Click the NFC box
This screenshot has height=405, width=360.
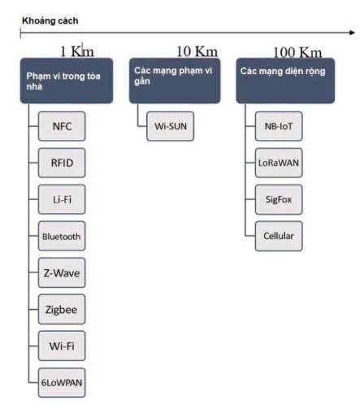click(62, 126)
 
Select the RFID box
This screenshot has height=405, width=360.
click(62, 163)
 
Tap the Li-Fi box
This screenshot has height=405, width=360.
click(62, 199)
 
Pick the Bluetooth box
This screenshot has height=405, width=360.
click(62, 236)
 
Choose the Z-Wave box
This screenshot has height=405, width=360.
click(62, 272)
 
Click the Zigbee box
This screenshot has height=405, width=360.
click(62, 309)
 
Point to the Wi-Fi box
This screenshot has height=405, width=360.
click(62, 346)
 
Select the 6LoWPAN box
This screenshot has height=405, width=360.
click(62, 383)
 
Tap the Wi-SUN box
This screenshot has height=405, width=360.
click(171, 126)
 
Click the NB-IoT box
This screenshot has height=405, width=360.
click(279, 126)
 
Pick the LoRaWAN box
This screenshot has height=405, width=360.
click(279, 163)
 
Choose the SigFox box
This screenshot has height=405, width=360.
click(279, 199)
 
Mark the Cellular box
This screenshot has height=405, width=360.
click(279, 236)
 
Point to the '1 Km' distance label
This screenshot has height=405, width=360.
click(77, 51)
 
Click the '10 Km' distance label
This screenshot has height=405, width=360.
click(197, 51)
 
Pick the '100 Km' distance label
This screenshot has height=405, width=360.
click(297, 52)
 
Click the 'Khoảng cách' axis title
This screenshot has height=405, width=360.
click(50, 20)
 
